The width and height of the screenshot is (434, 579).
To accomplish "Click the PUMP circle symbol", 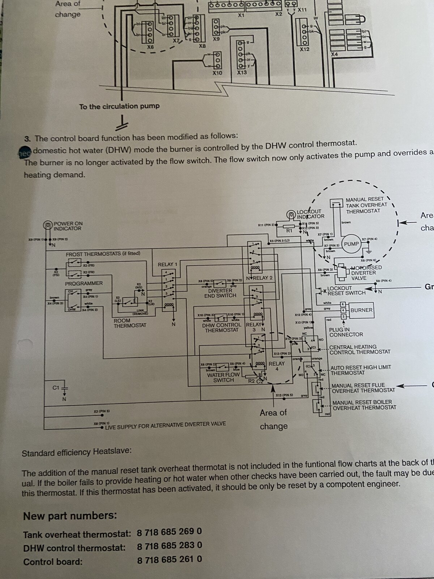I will point(351,244).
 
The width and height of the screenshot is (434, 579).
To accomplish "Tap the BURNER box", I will point(361,310).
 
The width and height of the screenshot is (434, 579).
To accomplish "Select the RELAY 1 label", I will point(167,265).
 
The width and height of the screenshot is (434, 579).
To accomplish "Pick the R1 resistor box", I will point(289,230).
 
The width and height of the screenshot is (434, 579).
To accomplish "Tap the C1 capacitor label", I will point(55,388).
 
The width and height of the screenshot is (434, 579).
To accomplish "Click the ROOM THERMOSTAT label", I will point(130,323).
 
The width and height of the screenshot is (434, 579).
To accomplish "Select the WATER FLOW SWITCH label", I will point(223,377).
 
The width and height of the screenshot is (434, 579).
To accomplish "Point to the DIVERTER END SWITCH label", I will point(220,293).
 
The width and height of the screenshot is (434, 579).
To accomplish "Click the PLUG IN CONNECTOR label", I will point(346,332).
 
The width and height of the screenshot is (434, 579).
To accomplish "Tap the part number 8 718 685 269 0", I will point(169,532).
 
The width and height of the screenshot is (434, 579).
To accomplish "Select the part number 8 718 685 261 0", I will point(169,559).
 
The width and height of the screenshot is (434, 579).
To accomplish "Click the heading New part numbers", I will point(70,516).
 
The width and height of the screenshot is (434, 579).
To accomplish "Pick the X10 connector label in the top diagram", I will point(217,73).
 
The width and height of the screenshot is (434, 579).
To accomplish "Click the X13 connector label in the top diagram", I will point(242,72).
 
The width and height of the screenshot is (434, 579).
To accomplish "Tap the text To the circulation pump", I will point(119,106).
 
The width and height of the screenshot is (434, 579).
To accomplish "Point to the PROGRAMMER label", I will point(84,283).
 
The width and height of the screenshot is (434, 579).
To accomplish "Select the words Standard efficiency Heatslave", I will point(77,453).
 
